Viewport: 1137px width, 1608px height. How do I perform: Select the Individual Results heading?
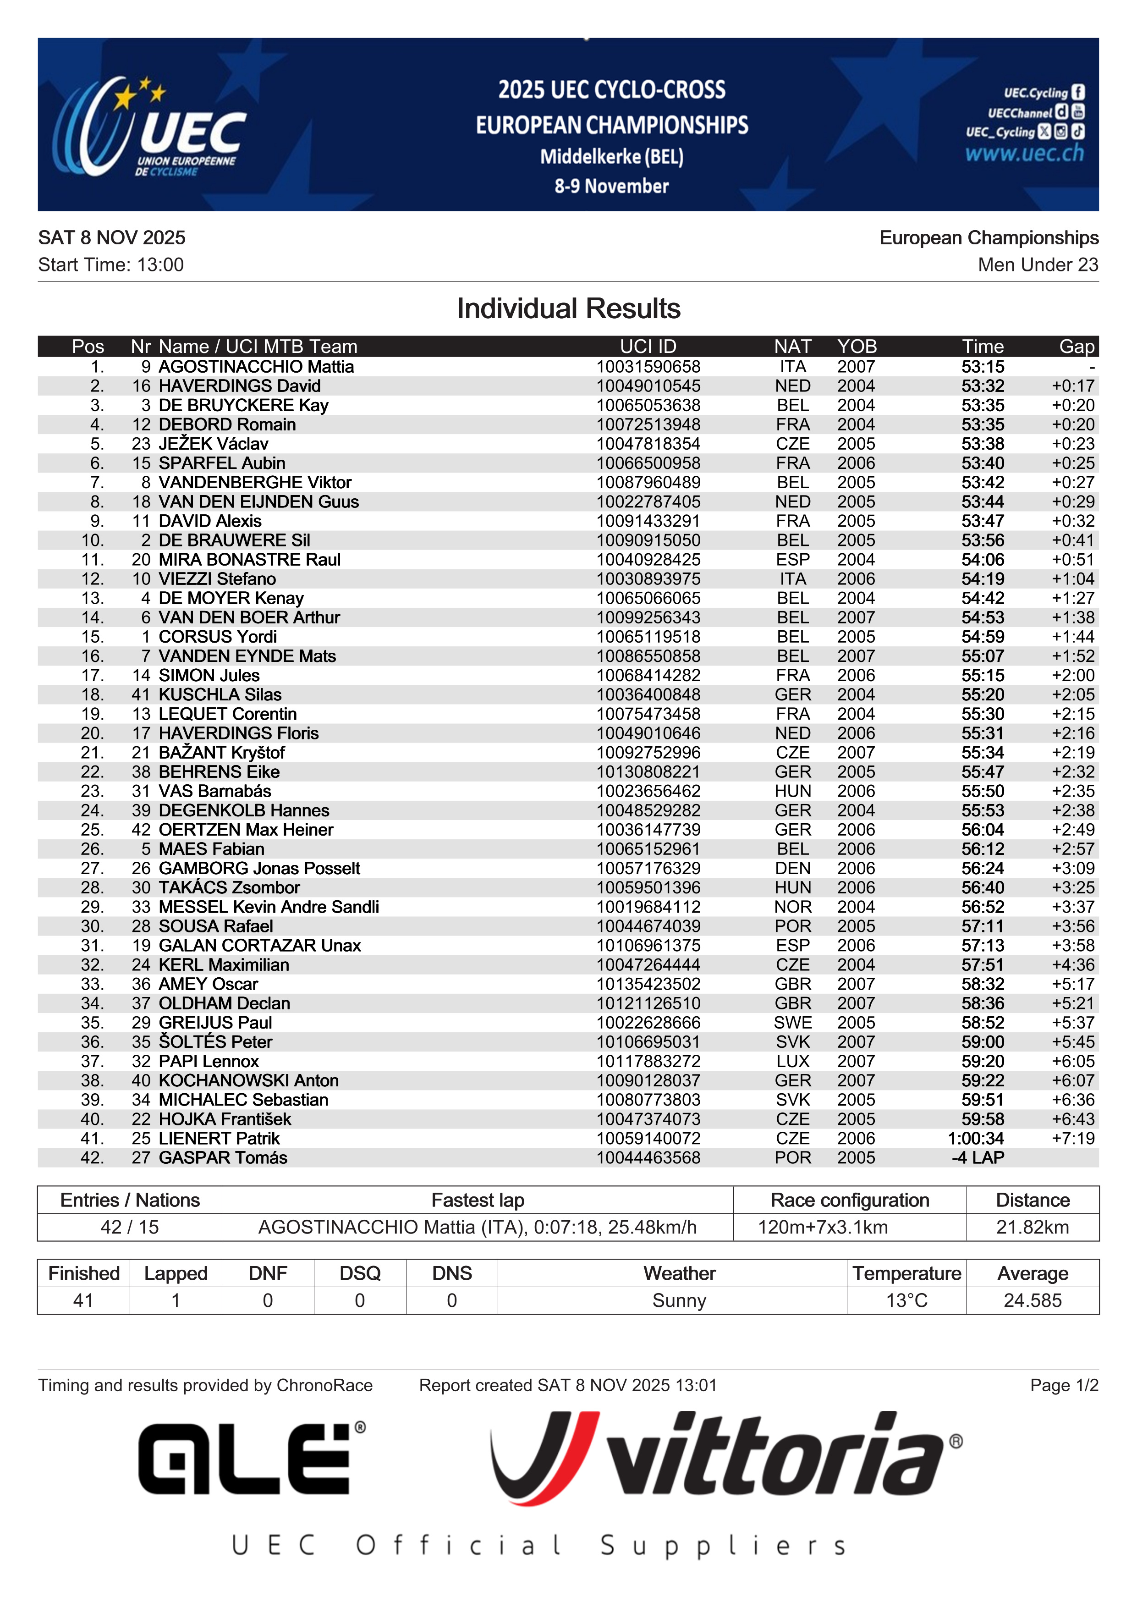[x=568, y=309]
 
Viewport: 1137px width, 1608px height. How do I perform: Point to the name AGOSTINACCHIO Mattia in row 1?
[x=256, y=367]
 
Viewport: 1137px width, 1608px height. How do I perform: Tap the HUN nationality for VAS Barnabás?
[x=792, y=791]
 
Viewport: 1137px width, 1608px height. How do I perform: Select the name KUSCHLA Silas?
[x=220, y=695]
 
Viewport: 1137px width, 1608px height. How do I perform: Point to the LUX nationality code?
[x=792, y=1061]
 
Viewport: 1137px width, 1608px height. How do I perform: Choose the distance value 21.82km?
[x=1032, y=1227]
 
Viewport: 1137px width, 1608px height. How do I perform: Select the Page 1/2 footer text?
[x=1064, y=1385]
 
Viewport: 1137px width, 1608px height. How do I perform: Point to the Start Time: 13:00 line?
[x=110, y=265]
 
